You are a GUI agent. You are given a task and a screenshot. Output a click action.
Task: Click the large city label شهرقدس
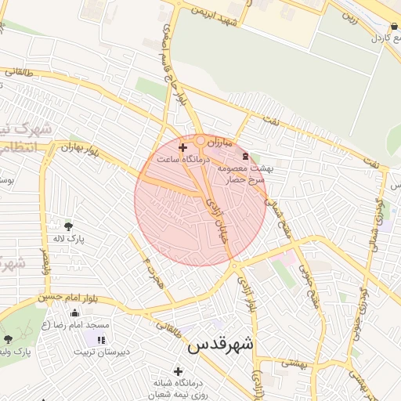click(222, 344)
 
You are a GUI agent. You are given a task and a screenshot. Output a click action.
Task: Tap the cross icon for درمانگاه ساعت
click(183, 147)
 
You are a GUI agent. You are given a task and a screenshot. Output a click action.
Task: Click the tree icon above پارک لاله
click(68, 226)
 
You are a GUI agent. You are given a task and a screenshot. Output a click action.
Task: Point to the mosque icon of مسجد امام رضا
click(74, 313)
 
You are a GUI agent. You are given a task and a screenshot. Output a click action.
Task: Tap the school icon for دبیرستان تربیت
click(100, 339)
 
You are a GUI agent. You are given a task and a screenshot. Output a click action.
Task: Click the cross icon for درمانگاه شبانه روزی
click(179, 371)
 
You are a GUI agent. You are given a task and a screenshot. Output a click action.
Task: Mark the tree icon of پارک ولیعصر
click(9, 339)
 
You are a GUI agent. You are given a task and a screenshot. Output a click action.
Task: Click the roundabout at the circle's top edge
click(201, 141)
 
